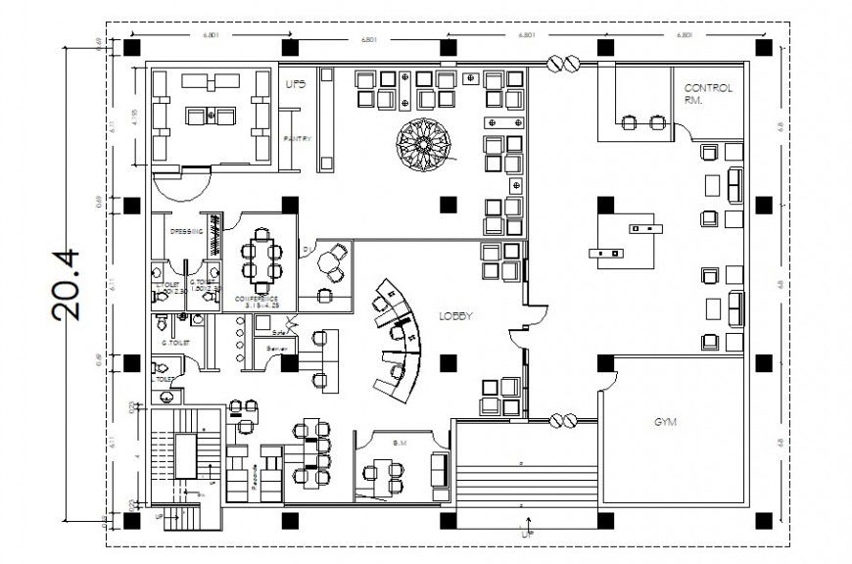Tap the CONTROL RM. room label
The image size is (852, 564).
tap(708, 93)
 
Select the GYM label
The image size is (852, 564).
tap(666, 423)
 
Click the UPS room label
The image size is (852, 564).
tap(295, 85)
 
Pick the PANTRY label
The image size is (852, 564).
tap(297, 139)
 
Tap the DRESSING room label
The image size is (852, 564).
tap(186, 232)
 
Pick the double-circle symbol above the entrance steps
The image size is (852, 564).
tap(563, 421)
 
